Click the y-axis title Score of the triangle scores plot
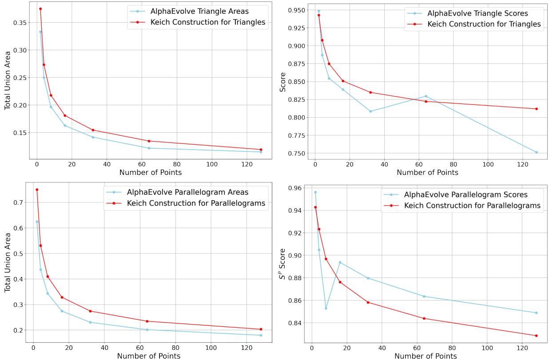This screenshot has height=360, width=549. [283, 82]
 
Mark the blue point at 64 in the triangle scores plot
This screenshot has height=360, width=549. [426, 96]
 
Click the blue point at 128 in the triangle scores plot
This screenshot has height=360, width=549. [537, 152]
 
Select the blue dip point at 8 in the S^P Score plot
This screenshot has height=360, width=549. [326, 308]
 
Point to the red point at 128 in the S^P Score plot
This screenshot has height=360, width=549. [536, 336]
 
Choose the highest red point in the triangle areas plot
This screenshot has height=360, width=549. [40, 9]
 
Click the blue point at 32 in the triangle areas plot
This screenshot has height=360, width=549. [93, 137]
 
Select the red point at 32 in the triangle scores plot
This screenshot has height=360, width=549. [370, 92]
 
